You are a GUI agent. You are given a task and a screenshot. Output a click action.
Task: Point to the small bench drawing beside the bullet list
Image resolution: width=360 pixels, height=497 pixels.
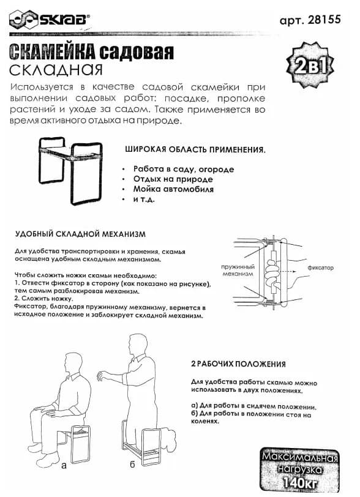72,169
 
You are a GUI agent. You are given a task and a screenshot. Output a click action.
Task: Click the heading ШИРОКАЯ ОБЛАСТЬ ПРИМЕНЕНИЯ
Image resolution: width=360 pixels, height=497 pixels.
195,149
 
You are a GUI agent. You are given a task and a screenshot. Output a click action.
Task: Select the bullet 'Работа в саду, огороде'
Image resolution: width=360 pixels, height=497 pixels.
183,169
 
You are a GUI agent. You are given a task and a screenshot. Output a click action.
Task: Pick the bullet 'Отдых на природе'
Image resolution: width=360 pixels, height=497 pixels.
173,179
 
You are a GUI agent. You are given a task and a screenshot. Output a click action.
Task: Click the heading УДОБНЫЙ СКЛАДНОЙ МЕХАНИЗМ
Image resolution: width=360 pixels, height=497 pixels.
80,234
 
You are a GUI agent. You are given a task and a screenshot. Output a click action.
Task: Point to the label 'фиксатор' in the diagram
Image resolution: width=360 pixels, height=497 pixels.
320,267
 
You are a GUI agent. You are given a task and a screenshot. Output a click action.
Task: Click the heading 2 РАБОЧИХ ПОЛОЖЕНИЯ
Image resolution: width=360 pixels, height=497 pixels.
238,364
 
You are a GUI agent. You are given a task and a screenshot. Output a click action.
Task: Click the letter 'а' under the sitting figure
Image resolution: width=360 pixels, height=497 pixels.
65,465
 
